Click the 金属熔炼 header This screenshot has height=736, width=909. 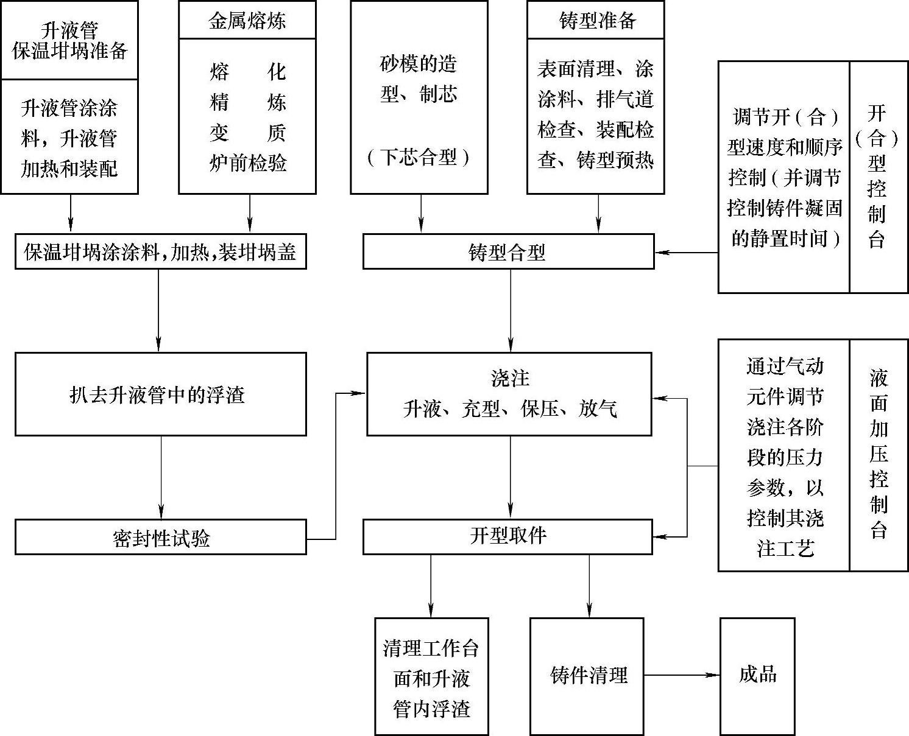pos(247,21)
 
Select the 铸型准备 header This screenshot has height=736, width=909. pos(595,21)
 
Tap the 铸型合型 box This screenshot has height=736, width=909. pos(508,252)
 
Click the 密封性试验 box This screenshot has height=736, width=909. pos(160,538)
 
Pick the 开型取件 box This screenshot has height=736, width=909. pos(508,536)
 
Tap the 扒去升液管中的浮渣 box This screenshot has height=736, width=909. pos(160,394)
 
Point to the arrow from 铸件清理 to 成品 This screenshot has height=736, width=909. pos(682,675)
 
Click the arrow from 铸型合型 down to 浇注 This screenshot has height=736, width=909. pos(511,310)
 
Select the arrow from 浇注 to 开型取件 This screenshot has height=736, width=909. pos(511,477)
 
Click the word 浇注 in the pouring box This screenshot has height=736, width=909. pos(509,378)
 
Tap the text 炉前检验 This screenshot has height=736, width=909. pos(247,163)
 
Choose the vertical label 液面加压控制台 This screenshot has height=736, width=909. pos(878,454)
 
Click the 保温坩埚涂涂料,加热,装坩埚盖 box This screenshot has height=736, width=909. pos(160,252)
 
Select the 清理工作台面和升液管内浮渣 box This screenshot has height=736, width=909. pos(431,677)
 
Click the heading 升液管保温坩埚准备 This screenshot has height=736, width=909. pos(69,41)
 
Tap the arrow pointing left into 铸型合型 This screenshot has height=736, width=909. pos(686,252)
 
